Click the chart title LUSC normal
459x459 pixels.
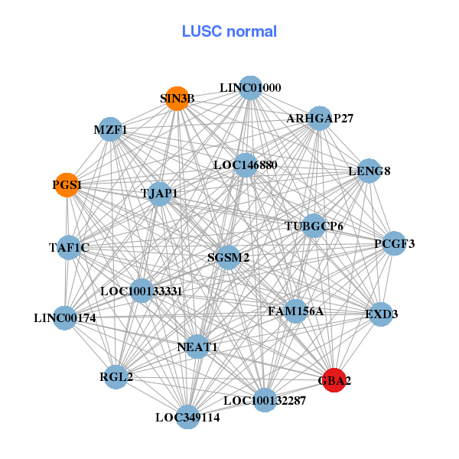tap(229, 32)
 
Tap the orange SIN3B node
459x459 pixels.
tap(177, 99)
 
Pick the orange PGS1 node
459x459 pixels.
tap(67, 185)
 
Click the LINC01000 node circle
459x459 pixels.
tap(250, 88)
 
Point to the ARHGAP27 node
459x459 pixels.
tap(320, 119)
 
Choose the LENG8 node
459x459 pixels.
tap(369, 171)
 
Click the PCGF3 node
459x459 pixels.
tap(394, 244)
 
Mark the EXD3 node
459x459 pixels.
tap(381, 314)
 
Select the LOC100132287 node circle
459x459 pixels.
tap(264, 400)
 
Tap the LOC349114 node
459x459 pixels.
tap(187, 417)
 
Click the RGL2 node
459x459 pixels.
tap(116, 376)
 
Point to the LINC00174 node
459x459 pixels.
tap(65, 317)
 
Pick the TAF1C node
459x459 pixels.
tap(69, 247)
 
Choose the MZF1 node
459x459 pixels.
tap(110, 130)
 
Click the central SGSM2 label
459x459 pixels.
tap(229, 258)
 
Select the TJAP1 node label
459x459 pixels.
tap(159, 194)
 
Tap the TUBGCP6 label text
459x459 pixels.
tap(314, 226)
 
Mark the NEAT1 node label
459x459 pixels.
tap(197, 347)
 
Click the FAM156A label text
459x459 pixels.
tap(295, 311)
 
